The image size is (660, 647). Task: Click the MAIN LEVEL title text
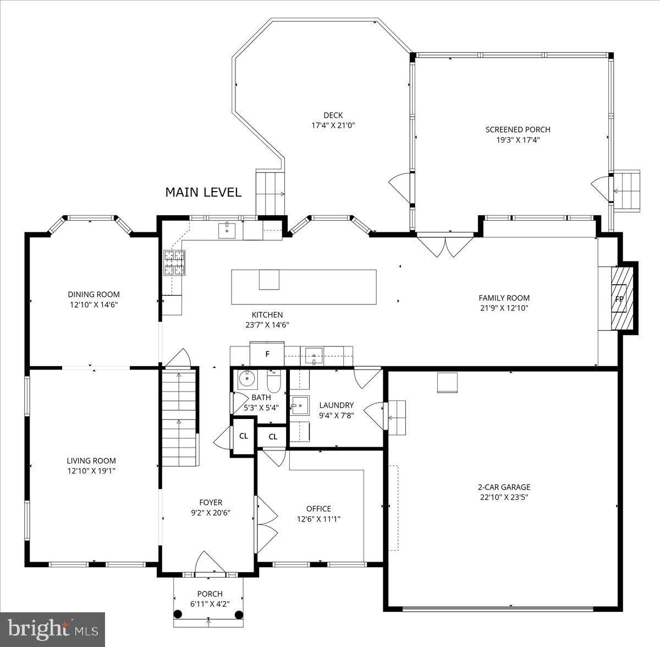(x=204, y=192)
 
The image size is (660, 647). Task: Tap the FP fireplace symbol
(x=619, y=299)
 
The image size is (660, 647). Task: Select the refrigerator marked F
(x=267, y=354)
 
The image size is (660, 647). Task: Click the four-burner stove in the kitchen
(x=174, y=263)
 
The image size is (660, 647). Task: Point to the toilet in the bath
(x=274, y=382)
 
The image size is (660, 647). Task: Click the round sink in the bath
(x=247, y=379)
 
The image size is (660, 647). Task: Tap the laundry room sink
(x=300, y=406)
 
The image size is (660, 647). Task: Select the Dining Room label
(x=94, y=294)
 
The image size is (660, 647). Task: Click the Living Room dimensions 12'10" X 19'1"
(x=91, y=471)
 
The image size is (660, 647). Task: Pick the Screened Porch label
(x=518, y=129)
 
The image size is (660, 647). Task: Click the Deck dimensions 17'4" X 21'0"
(x=333, y=125)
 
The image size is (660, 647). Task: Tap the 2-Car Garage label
(x=504, y=487)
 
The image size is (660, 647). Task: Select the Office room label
(x=318, y=508)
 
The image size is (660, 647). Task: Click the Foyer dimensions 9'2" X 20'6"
(x=211, y=513)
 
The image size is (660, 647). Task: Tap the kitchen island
(x=304, y=287)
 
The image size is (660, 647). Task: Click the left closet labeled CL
(x=244, y=436)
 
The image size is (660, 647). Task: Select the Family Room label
(x=504, y=298)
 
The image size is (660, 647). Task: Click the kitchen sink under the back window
(x=227, y=231)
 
